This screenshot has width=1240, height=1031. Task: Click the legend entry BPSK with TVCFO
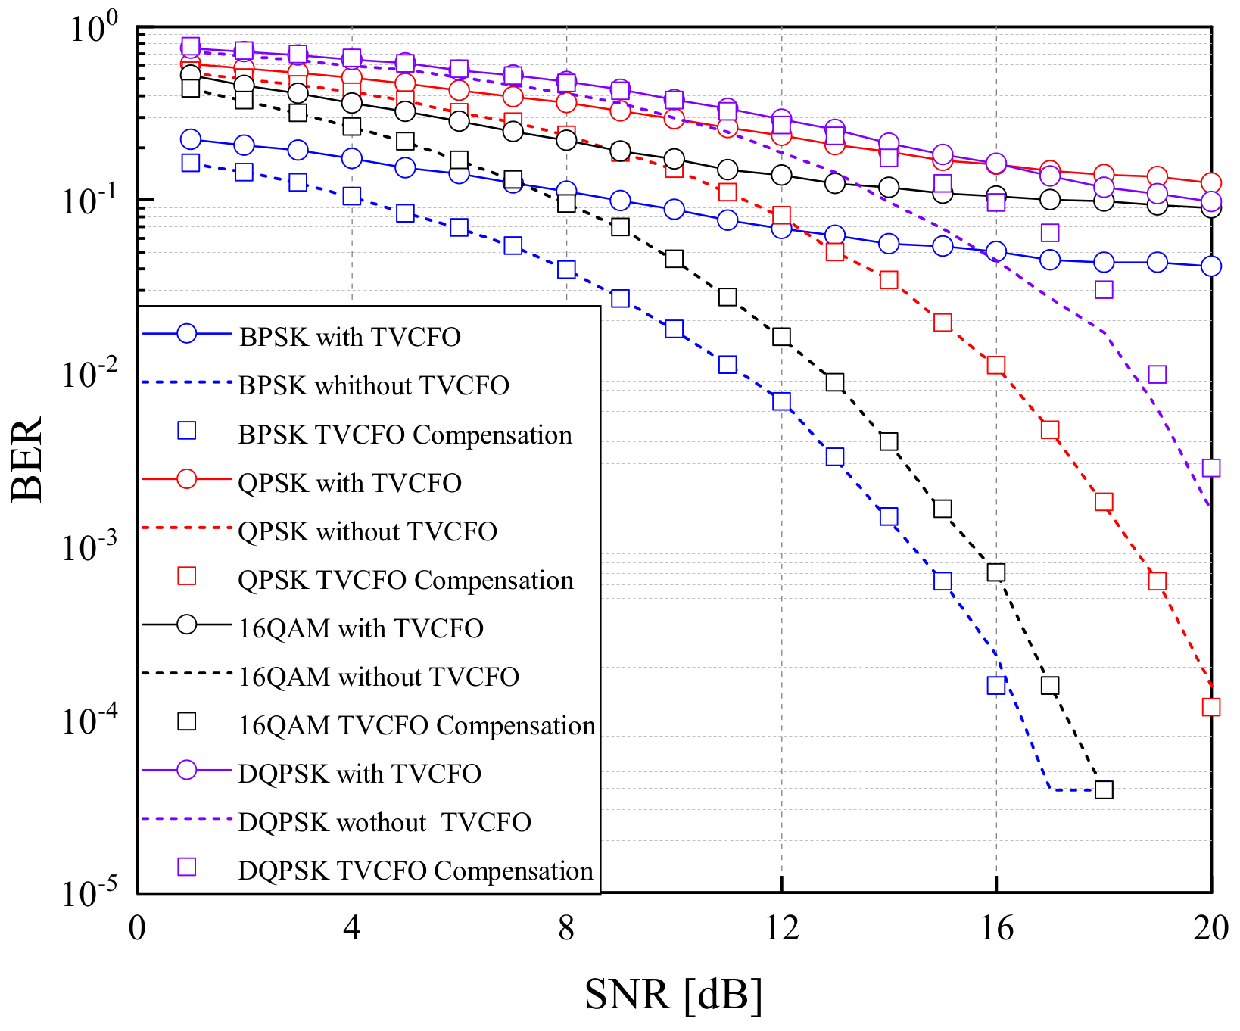tap(350, 337)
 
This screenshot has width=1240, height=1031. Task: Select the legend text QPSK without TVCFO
tap(367, 531)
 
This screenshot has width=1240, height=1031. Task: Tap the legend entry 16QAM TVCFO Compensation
tap(417, 725)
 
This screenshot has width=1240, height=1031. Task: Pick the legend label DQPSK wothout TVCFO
tap(385, 822)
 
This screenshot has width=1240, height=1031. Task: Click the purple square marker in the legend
tap(186, 867)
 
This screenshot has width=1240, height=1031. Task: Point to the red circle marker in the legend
tap(186, 479)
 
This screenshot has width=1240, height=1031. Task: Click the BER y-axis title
tap(27, 459)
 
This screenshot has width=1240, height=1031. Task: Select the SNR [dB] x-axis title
tap(673, 995)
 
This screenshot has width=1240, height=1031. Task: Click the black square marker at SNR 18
tap(1104, 790)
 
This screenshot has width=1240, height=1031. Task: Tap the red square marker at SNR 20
tap(1211, 707)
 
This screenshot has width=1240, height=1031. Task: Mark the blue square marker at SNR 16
tap(996, 685)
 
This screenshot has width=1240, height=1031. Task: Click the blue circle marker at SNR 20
tap(1211, 266)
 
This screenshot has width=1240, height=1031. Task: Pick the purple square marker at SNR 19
tap(1157, 375)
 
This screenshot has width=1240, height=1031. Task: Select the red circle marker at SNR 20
tap(1211, 182)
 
